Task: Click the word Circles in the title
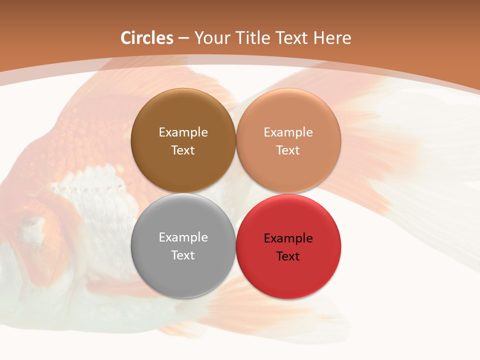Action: [147, 38]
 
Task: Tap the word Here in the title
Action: [332, 38]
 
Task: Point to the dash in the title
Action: [183, 38]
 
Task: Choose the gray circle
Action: [183, 270]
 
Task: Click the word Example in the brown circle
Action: [183, 132]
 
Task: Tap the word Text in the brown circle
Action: [183, 150]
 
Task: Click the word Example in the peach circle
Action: [288, 132]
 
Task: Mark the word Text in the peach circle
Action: [288, 150]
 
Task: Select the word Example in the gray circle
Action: [183, 237]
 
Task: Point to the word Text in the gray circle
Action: [183, 255]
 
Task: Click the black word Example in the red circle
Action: [288, 238]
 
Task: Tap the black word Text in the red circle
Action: [288, 256]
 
